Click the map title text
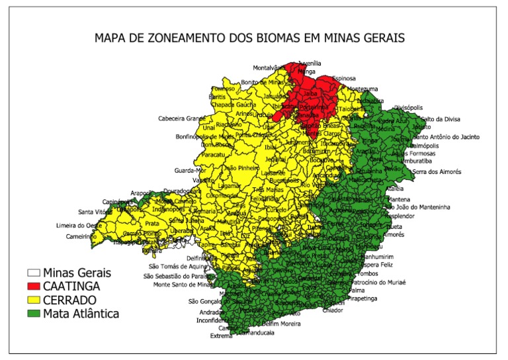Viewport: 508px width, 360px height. pos(249,38)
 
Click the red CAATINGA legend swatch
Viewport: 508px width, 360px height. pos(34,287)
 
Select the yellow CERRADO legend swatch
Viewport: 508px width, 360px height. pos(34,300)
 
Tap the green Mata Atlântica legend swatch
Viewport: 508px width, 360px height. pos(34,314)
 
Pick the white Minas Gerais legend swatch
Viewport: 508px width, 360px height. pos(34,273)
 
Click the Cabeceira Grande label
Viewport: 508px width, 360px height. pos(182,118)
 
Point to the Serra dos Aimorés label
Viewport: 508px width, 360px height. pos(436,172)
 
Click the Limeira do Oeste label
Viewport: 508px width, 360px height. pos(79,226)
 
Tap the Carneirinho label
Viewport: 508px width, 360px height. pos(82,236)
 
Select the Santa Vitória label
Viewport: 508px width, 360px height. pos(95,212)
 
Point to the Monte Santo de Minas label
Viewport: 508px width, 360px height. pos(183,285)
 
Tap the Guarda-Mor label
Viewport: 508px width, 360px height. pos(190,171)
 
